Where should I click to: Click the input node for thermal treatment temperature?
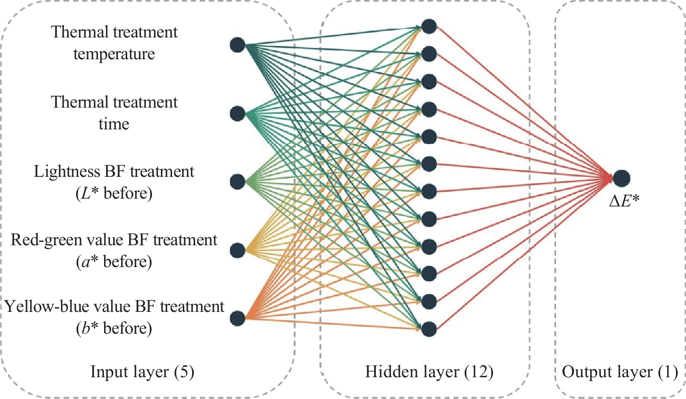pyautogui.click(x=237, y=45)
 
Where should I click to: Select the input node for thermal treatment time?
pyautogui.click(x=237, y=114)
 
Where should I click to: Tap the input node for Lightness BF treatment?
pyautogui.click(x=237, y=182)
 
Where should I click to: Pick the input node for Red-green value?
pyautogui.click(x=237, y=250)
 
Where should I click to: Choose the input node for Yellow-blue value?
pyautogui.click(x=237, y=318)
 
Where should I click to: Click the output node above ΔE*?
pyautogui.click(x=622, y=178)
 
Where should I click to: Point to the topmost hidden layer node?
pyautogui.click(x=429, y=26)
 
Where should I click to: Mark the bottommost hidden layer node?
pyautogui.click(x=429, y=329)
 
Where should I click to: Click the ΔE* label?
pyautogui.click(x=624, y=200)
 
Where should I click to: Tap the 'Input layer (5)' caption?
pyautogui.click(x=142, y=372)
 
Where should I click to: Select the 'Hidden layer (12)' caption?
pyautogui.click(x=429, y=372)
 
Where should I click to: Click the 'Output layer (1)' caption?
pyautogui.click(x=620, y=372)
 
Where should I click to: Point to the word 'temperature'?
pyautogui.click(x=114, y=54)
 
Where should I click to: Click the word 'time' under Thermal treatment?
pyautogui.click(x=114, y=124)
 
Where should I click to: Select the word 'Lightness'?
pyautogui.click(x=67, y=172)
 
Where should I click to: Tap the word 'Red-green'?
pyautogui.click(x=41, y=240)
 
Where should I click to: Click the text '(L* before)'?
pyautogui.click(x=114, y=193)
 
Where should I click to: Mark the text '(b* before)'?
pyautogui.click(x=114, y=328)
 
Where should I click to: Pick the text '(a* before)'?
pyautogui.click(x=114, y=262)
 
